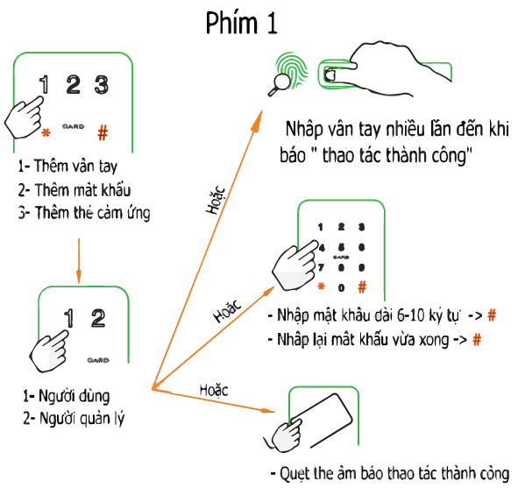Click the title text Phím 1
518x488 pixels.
tap(242, 23)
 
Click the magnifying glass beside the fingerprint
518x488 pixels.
tap(279, 85)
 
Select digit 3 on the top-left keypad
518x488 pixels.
tap(102, 85)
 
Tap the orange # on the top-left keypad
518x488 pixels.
tap(103, 133)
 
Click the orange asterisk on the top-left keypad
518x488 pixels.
tap(46, 133)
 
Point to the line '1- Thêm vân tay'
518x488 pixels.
tap(67, 166)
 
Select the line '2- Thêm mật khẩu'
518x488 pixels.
tap(75, 190)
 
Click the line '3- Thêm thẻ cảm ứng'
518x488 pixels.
tap(84, 213)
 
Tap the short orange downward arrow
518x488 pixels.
tap(79, 261)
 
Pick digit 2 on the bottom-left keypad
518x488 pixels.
tap(98, 318)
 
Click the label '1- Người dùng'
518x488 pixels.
tap(66, 396)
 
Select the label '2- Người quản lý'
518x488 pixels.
tap(74, 418)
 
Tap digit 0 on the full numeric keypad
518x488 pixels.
tap(342, 288)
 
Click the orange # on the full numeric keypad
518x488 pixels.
tap(362, 286)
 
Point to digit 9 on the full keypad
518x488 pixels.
tap(362, 267)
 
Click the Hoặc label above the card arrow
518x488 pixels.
tap(214, 390)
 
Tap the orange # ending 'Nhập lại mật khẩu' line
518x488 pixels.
tap(477, 339)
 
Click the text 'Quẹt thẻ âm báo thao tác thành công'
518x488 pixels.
tap(390, 474)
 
